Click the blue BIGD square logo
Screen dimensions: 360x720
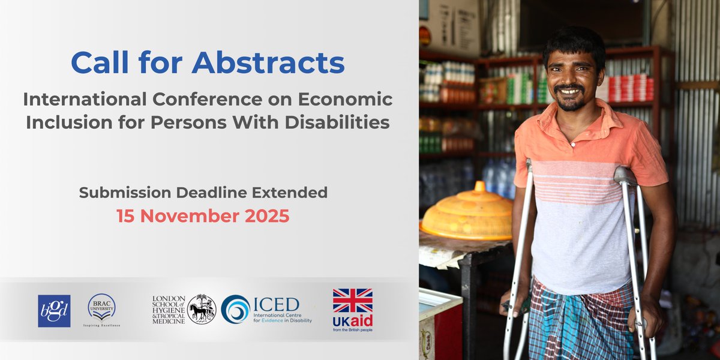click(54, 311)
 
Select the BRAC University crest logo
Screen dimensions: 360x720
click(101, 307)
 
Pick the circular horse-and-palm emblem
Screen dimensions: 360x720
click(202, 309)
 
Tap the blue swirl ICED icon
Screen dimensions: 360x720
click(235, 309)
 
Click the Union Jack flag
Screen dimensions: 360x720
click(353, 301)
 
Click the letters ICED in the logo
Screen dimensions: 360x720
click(276, 304)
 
